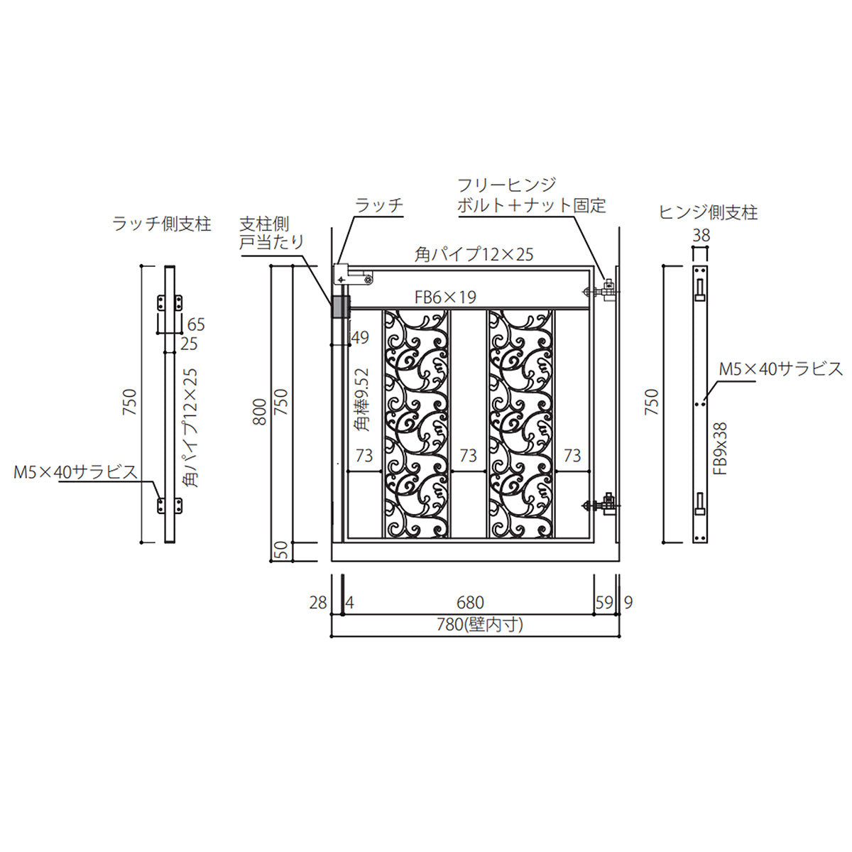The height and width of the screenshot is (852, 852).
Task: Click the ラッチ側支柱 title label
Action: [x=162, y=224]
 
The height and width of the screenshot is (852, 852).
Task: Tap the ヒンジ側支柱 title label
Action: [x=709, y=213]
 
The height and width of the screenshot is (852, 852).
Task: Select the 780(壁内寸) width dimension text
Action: [x=480, y=625]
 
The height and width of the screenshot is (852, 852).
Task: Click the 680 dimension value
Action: [x=470, y=603]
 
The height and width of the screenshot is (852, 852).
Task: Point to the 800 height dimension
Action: [x=260, y=412]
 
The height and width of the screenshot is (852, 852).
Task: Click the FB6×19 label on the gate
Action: [x=445, y=297]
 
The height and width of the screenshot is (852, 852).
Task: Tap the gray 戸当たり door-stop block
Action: [x=341, y=307]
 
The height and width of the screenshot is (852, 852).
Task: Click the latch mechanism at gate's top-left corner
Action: [x=354, y=276]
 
